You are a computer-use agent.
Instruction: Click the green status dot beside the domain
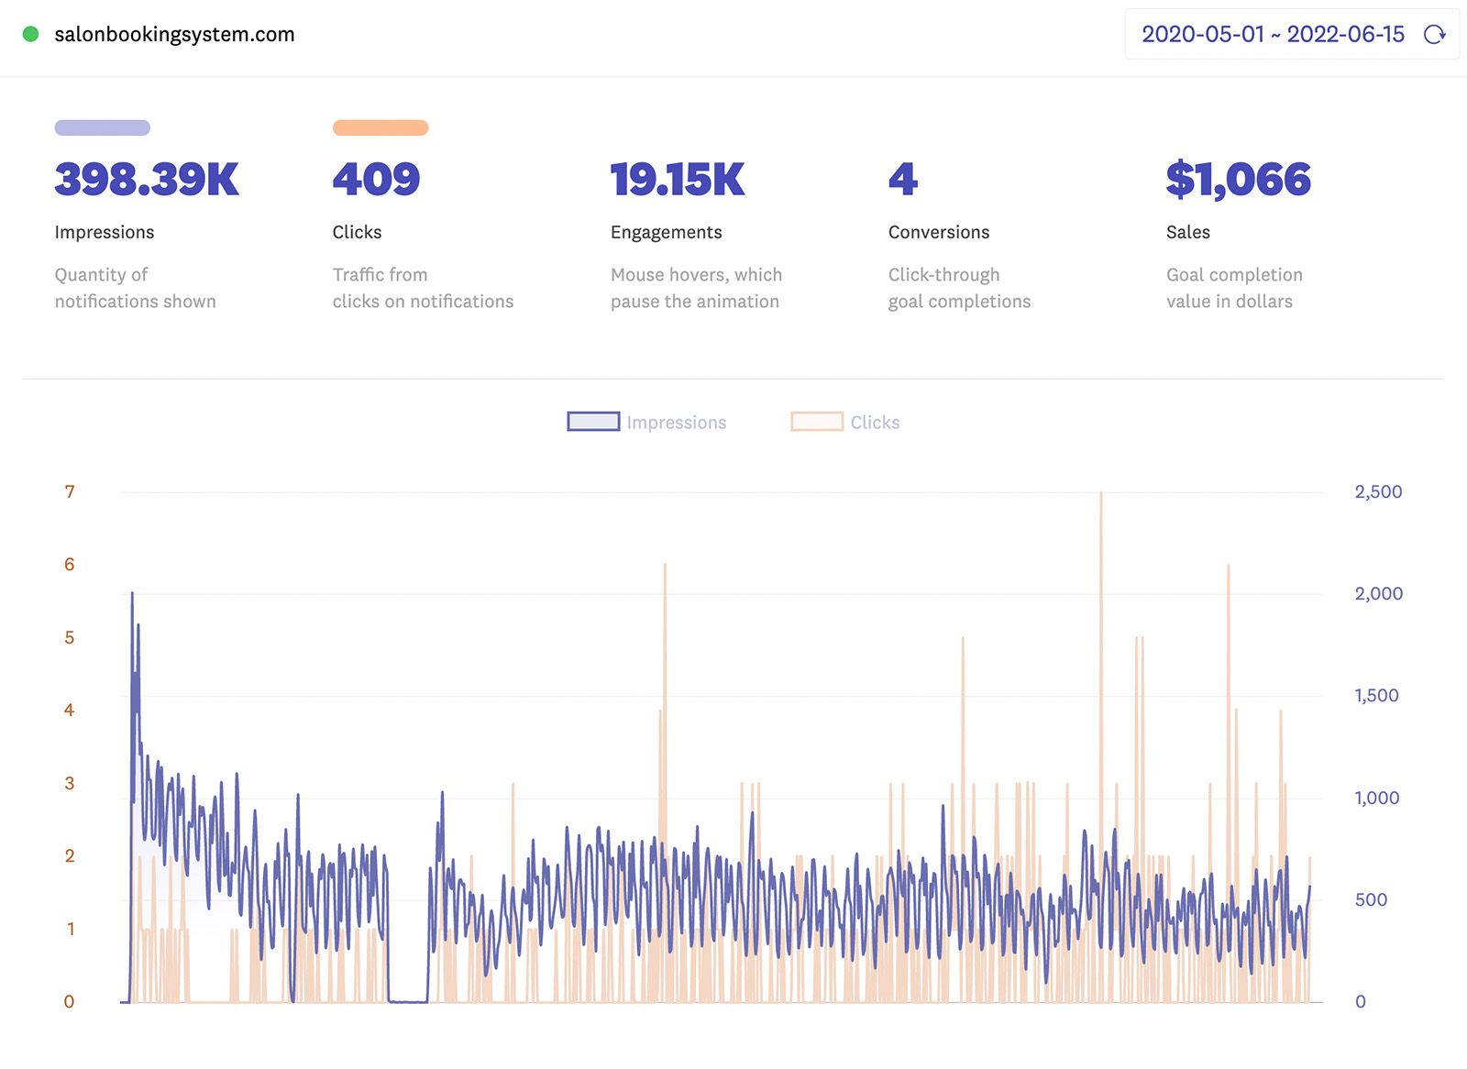point(30,34)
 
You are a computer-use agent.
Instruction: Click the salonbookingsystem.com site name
point(174,35)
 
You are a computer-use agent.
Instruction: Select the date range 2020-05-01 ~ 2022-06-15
point(1272,35)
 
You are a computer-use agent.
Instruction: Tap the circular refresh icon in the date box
point(1434,35)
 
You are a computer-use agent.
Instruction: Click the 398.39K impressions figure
point(147,179)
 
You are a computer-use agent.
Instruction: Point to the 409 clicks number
point(376,179)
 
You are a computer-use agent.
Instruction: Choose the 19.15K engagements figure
point(678,179)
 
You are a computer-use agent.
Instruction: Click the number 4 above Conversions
point(902,179)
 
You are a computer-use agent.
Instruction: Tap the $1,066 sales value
point(1238,179)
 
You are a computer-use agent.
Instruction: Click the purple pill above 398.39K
point(102,127)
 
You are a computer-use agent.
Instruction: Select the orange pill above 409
point(380,127)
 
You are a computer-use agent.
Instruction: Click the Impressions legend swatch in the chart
point(593,422)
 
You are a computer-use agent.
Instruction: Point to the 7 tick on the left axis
point(70,492)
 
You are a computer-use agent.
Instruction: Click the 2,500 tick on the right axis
point(1377,492)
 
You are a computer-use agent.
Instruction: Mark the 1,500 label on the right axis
point(1376,696)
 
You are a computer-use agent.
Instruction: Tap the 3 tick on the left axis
point(70,784)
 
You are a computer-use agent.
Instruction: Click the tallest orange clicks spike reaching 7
point(1101,496)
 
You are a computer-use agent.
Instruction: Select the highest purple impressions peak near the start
point(132,595)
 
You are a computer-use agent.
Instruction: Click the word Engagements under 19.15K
point(666,232)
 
